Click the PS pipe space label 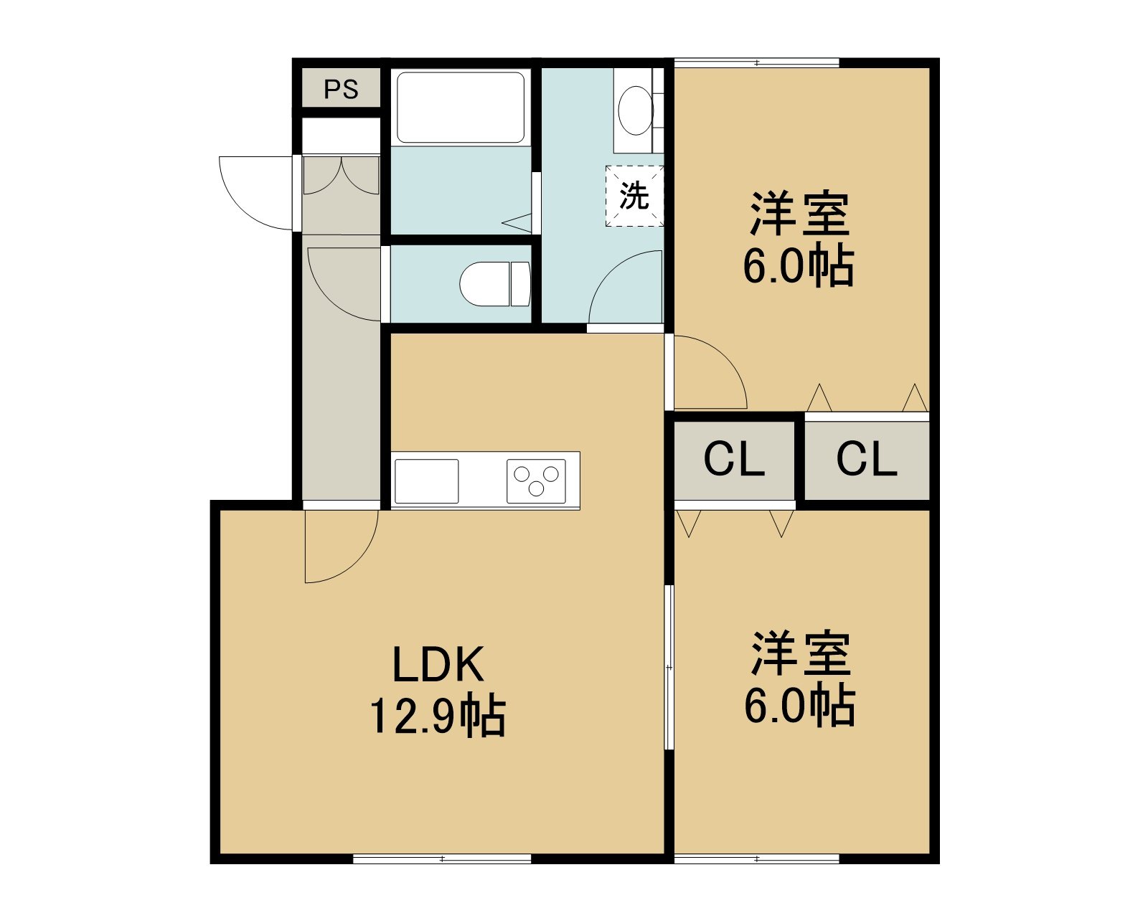tap(341, 90)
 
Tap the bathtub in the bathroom tap(461, 108)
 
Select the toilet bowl tap(495, 284)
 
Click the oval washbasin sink tap(636, 111)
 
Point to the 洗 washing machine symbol tap(634, 196)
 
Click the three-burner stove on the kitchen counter tap(536, 481)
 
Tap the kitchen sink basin tap(427, 481)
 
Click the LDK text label tap(438, 664)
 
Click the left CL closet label tap(734, 459)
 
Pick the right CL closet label tap(866, 459)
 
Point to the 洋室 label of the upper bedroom tap(799, 214)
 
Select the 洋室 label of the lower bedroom tap(800, 654)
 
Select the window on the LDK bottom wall tap(442, 858)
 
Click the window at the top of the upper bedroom tap(757, 62)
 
